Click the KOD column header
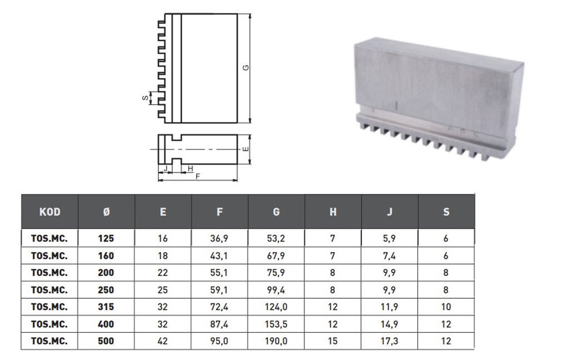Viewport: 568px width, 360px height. (50, 212)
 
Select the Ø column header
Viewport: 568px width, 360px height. (107, 212)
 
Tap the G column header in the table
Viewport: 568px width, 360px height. (277, 212)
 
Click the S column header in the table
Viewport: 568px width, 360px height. (446, 212)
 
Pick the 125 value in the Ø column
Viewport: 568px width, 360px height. (106, 239)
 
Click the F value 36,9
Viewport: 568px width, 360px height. (220, 239)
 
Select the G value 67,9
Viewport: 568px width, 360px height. (277, 256)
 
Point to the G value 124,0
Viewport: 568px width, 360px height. (277, 307)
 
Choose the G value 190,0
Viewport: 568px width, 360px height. (277, 341)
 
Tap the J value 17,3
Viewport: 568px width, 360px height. (390, 341)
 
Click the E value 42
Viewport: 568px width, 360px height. (163, 341)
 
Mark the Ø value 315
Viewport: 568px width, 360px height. (106, 307)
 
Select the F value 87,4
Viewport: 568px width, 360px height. (220, 324)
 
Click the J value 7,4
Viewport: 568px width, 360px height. (390, 256)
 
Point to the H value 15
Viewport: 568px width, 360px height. (333, 341)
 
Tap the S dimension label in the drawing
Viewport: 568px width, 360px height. (144, 98)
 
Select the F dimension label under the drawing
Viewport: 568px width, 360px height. (198, 176)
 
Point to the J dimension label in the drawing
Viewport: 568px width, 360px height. (165, 168)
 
